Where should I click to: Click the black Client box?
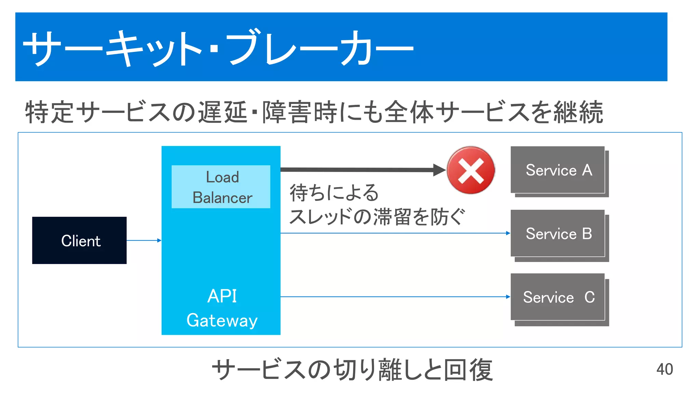click(x=79, y=240)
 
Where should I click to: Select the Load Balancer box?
click(x=221, y=187)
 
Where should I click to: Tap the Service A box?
click(x=558, y=170)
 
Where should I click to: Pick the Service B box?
click(x=558, y=234)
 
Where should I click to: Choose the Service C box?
click(x=558, y=297)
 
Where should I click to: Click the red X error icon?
click(x=471, y=170)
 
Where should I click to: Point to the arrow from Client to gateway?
click(x=144, y=240)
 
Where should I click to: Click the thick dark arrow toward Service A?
click(x=359, y=170)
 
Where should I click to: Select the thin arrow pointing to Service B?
click(x=393, y=233)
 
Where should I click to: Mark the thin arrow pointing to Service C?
click(x=393, y=297)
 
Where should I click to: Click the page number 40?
click(x=664, y=369)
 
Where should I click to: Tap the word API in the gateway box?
click(x=222, y=296)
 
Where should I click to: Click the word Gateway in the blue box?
click(x=222, y=320)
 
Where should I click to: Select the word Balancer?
click(x=222, y=198)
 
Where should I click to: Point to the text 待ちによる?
click(x=334, y=192)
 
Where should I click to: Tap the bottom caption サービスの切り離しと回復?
click(x=352, y=370)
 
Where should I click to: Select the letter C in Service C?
click(x=590, y=297)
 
